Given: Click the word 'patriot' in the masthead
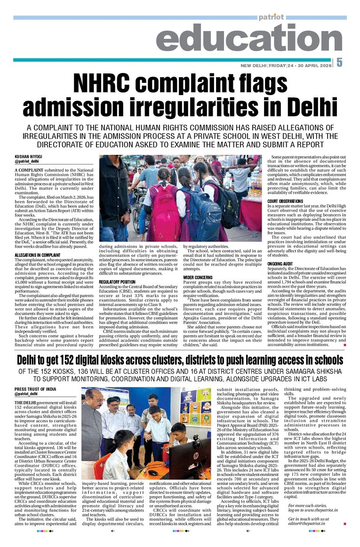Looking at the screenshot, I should [x=271, y=17].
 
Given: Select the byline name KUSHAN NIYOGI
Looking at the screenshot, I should [x=29, y=156].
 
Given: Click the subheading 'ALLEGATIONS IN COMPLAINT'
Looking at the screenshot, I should [x=38, y=255].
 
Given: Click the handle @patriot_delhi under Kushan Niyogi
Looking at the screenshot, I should [x=27, y=161].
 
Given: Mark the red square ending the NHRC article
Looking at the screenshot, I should [x=344, y=346].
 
